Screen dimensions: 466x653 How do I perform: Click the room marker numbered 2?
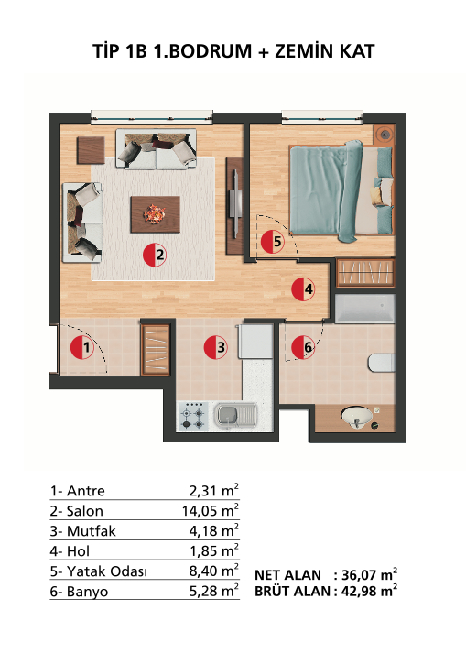click(155, 255)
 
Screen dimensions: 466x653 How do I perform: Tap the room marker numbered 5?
click(273, 242)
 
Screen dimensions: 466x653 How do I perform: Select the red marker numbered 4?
click(303, 289)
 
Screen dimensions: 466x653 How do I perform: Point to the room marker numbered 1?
click(82, 347)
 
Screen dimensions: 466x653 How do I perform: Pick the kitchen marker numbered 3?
click(216, 347)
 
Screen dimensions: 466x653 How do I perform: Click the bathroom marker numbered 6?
click(303, 347)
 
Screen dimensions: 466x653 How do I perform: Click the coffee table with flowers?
click(155, 214)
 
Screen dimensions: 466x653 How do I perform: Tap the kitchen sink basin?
click(228, 414)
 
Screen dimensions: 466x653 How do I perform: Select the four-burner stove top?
click(193, 417)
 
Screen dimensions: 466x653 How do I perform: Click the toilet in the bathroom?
click(381, 363)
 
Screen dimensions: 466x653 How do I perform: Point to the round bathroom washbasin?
click(356, 417)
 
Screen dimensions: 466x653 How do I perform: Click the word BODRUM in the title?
click(203, 51)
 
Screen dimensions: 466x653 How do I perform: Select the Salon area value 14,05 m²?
click(210, 510)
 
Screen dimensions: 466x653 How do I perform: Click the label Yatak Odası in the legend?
click(106, 571)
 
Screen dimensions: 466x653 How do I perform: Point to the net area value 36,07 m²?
click(369, 575)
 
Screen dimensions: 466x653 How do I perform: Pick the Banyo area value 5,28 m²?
click(213, 592)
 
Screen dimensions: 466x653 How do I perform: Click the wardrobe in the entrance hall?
click(156, 350)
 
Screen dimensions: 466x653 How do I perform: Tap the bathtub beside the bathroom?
click(364, 308)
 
